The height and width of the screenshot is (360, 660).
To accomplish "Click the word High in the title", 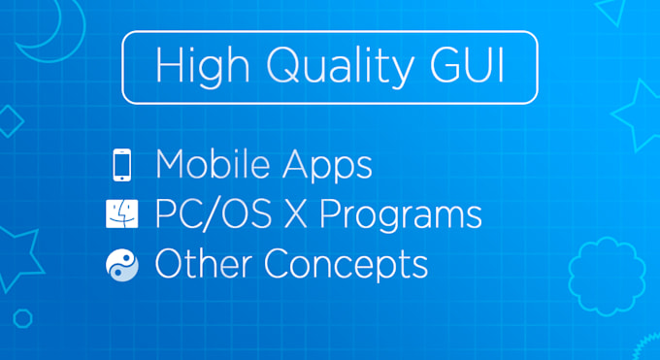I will (x=193, y=67).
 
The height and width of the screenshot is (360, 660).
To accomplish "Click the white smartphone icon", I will (x=121, y=166).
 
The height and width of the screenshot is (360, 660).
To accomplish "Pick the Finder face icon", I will (x=121, y=214).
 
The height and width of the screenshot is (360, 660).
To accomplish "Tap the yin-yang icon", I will (x=121, y=264).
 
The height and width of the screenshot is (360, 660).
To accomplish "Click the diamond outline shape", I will (x=9, y=122).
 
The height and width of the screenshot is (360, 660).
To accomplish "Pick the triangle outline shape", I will (x=609, y=9).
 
